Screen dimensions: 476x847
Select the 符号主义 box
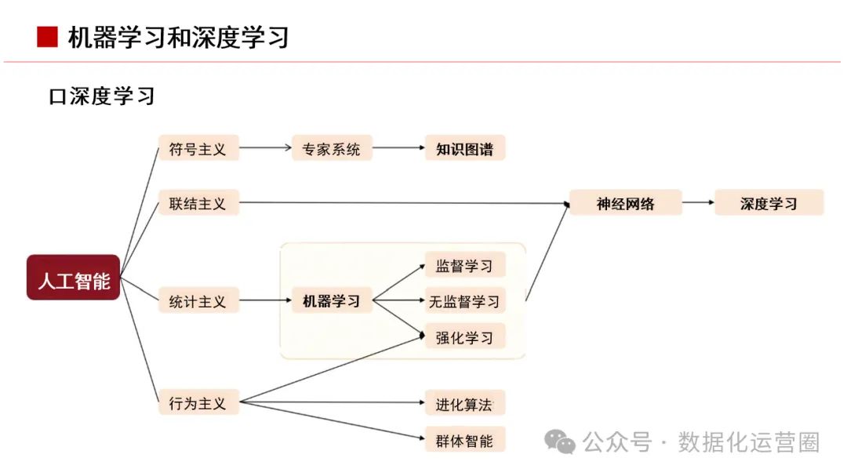click(198, 147)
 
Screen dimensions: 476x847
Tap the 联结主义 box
click(198, 203)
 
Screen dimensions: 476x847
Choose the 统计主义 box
click(198, 300)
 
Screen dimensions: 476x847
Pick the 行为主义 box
click(198, 402)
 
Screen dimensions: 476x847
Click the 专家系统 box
click(331, 147)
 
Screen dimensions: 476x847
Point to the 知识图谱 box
click(464, 147)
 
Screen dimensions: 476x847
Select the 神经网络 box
click(625, 203)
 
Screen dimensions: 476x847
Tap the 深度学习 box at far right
click(769, 203)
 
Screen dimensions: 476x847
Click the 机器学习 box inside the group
click(331, 300)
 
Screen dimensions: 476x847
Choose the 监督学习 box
click(464, 265)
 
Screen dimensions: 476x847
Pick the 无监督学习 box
click(464, 300)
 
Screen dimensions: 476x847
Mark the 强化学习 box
click(464, 336)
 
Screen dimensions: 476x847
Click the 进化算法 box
click(464, 404)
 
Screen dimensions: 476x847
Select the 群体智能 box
click(464, 440)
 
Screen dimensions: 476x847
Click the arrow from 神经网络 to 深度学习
click(698, 203)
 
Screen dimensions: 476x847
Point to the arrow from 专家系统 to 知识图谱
click(398, 147)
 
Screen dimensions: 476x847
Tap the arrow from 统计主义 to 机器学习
click(265, 300)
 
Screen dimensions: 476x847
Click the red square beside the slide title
click(47, 36)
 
